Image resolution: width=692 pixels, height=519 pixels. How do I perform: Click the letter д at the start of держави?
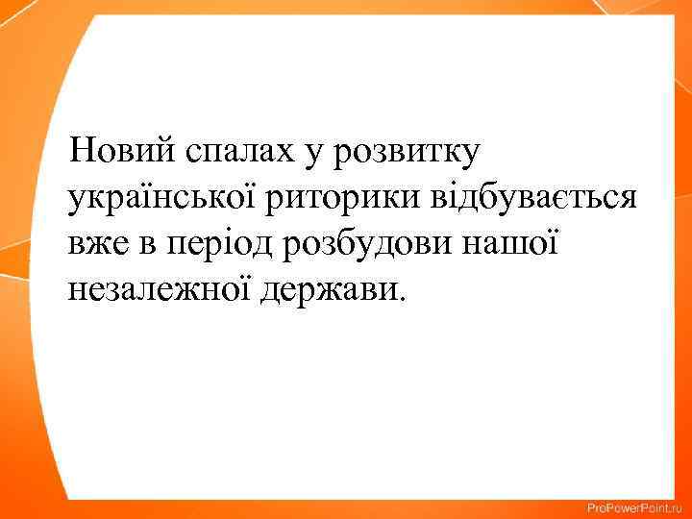pos(269,289)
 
